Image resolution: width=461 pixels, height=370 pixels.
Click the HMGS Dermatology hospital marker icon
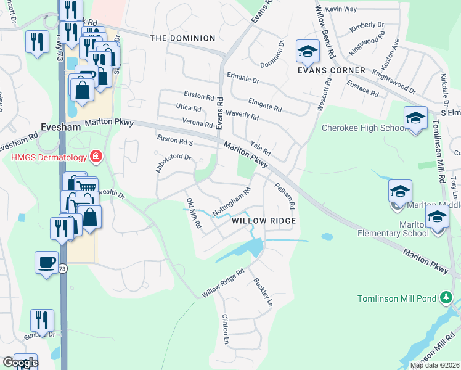(96, 157)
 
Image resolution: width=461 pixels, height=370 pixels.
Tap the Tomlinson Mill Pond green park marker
(446, 298)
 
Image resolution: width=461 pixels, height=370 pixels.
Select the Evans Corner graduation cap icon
(307, 52)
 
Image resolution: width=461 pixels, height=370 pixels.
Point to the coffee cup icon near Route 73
(46, 263)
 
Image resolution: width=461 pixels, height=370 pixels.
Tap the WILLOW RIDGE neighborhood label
(264, 220)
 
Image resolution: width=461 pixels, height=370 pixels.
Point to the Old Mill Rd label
(194, 213)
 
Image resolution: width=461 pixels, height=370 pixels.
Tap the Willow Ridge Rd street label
(223, 283)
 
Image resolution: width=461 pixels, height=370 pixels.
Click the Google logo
(20, 363)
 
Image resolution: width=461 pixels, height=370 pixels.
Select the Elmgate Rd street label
(264, 105)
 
